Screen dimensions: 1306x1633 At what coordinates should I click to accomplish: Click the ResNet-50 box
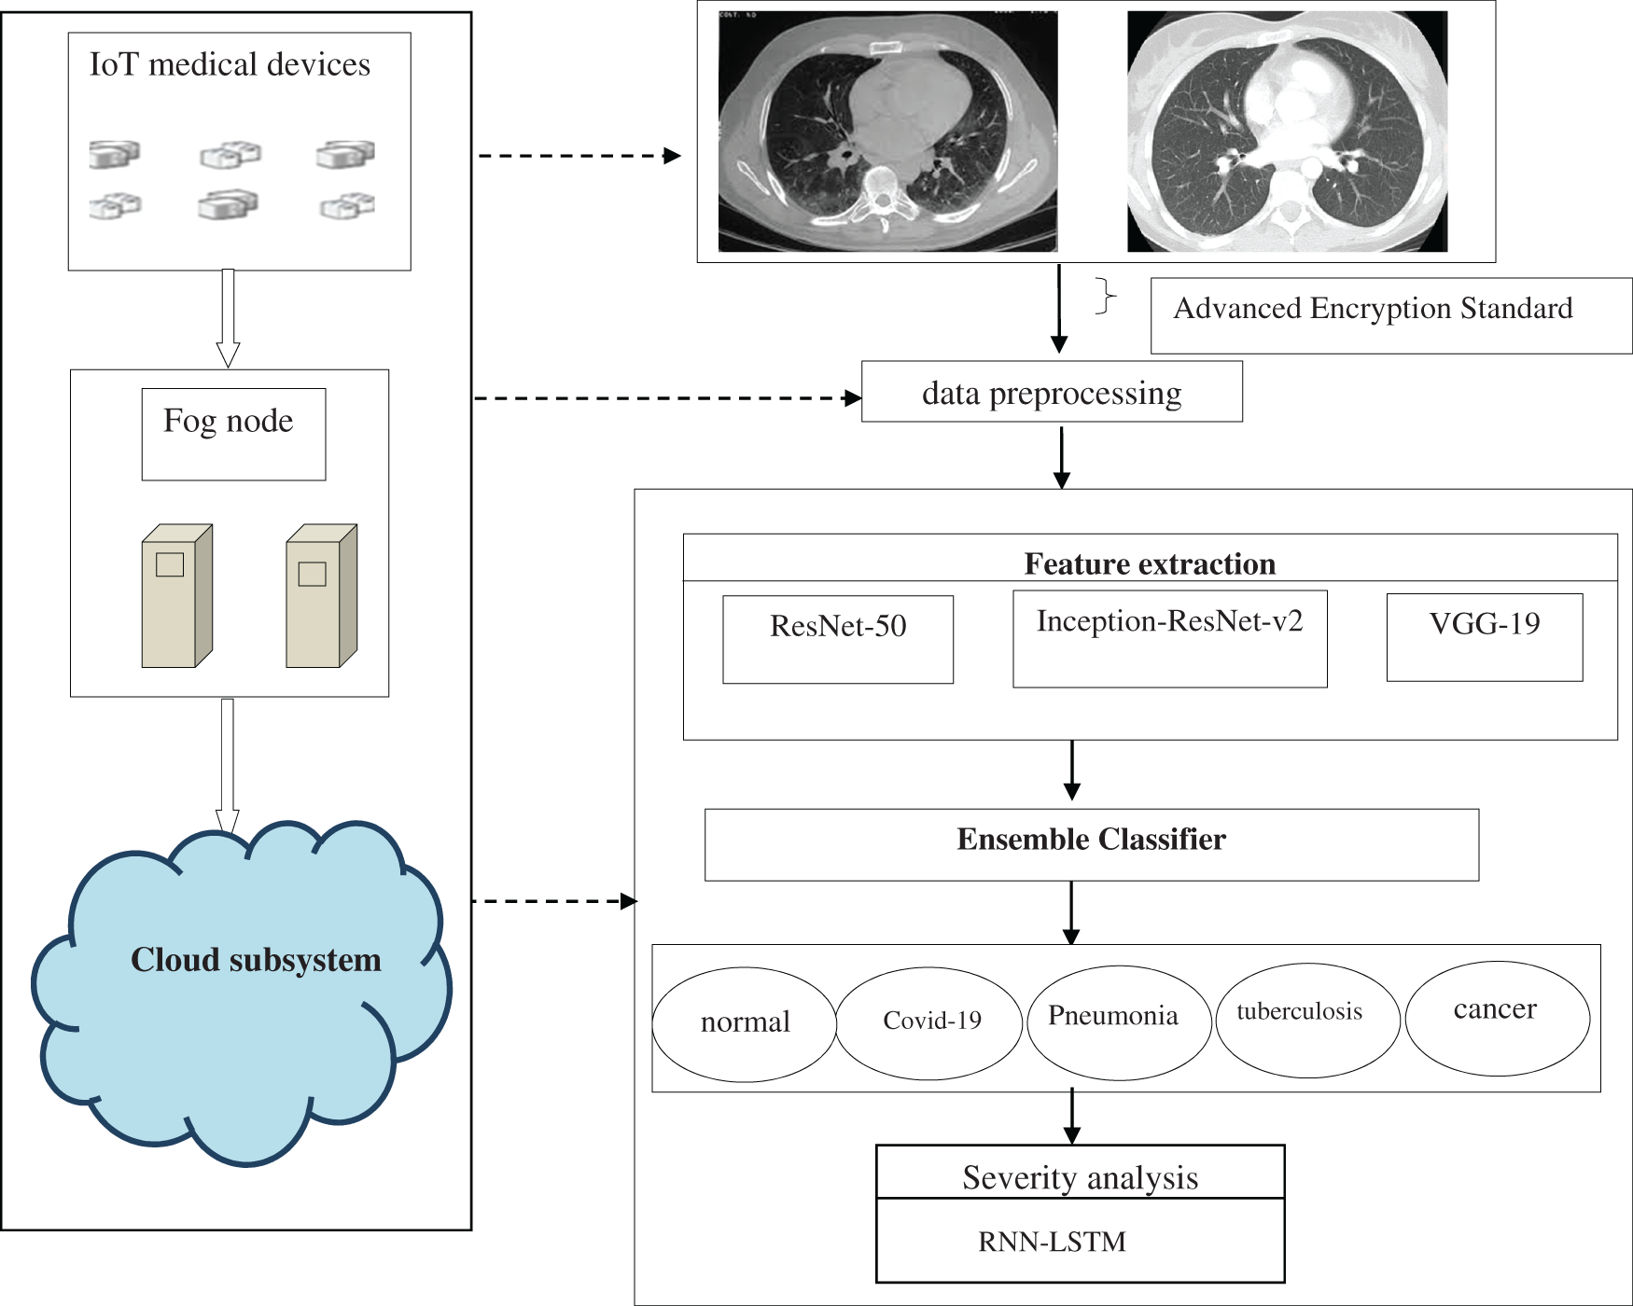coord(838,639)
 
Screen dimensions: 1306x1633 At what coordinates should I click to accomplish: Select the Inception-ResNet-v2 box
coord(1169,639)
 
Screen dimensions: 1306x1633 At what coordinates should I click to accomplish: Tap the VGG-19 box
coord(1484,637)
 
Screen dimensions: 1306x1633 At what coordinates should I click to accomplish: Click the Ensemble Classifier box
coord(1091,844)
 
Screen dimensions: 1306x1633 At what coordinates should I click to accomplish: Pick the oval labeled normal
coord(745,1023)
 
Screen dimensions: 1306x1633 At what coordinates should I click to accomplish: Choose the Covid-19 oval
coord(929,1022)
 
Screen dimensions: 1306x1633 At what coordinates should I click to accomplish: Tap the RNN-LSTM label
coord(1052,1242)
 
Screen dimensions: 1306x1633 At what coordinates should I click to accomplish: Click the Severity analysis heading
coord(1080,1177)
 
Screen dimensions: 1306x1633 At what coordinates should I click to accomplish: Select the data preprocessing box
coord(1052,392)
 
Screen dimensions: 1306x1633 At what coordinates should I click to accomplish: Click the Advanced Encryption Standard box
coord(1390,315)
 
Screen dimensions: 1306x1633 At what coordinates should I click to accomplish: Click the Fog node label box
coord(233,434)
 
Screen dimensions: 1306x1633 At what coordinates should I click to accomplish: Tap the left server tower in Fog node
coord(177,597)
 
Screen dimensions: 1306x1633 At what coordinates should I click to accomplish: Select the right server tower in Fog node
coord(322,597)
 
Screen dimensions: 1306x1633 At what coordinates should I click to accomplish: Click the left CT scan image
coord(887,132)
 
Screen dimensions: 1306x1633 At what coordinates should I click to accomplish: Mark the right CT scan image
coord(1287,132)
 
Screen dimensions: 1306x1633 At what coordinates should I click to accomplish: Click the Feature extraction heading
coord(1150,563)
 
